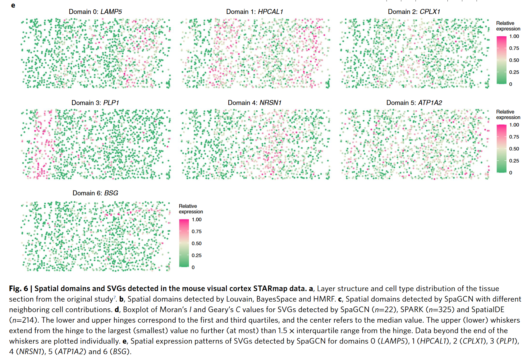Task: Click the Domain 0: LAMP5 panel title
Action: click(95, 12)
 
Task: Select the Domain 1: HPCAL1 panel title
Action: click(254, 12)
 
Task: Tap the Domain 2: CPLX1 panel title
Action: click(414, 12)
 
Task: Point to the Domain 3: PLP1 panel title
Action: click(95, 103)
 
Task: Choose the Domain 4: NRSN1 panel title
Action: click(254, 103)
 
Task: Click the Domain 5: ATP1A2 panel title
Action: click(414, 103)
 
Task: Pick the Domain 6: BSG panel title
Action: click(95, 193)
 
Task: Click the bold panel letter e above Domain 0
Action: click(13, 5)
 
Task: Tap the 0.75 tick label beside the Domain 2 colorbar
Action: click(514, 48)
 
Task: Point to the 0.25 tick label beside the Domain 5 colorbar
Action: click(514, 161)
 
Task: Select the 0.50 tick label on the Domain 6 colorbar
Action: click(196, 243)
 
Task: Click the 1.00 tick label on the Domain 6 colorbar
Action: click(196, 219)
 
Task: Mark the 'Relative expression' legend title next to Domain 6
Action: click(191, 209)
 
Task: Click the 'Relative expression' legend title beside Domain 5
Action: click(508, 114)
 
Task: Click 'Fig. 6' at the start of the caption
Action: click(18, 288)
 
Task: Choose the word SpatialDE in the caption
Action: click(488, 310)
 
